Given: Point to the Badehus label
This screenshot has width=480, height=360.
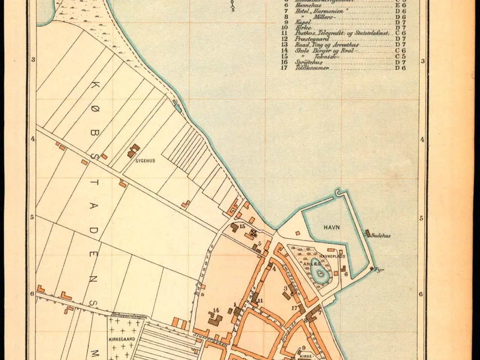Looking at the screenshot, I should tap(381, 235).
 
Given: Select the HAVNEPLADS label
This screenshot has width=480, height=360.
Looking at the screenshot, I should tap(335, 256).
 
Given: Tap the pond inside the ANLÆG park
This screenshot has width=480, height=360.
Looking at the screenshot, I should tap(318, 268).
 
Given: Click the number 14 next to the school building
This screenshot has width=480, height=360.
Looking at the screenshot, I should tap(216, 310).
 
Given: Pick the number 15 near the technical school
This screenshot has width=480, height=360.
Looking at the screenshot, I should tap(242, 226).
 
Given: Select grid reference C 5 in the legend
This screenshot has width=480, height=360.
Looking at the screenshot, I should tap(400, 57).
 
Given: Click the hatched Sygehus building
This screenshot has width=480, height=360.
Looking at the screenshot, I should tap(133, 151).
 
